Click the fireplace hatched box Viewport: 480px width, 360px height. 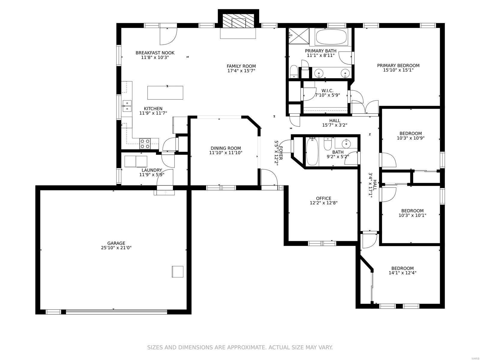point(238,21)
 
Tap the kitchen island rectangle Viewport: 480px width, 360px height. point(165,93)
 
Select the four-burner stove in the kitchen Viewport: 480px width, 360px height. point(145,144)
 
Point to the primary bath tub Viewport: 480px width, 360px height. point(331,37)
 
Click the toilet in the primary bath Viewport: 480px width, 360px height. point(293,71)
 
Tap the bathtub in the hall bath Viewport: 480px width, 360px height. point(312,151)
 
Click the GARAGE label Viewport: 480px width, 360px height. point(116,243)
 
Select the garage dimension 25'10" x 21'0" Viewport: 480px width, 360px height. point(116,248)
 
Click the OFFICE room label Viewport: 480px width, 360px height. point(323,198)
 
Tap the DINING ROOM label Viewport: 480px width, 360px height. point(226,148)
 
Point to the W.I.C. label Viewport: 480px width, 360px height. point(327,91)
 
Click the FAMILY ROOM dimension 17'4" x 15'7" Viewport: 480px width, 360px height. point(241,71)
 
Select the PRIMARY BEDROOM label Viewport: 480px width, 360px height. point(398,65)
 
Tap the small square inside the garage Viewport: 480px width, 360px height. point(177,271)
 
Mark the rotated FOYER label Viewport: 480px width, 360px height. point(280,153)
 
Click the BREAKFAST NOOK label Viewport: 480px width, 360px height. point(155,53)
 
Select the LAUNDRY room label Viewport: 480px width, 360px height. point(151,170)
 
